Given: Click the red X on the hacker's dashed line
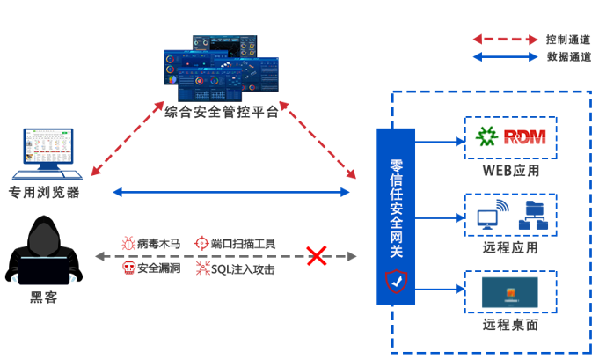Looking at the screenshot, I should point(316,256).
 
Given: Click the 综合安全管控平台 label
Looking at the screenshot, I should point(221,113).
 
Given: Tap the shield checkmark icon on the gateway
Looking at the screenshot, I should point(396,282).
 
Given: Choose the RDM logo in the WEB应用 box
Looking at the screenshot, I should point(511,136).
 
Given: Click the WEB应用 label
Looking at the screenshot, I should point(511,170).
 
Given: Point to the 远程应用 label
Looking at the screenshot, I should point(511,247).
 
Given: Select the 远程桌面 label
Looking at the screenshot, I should point(511,325).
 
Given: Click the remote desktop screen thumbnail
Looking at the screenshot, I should point(511,292).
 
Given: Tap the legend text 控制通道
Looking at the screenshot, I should point(568,40).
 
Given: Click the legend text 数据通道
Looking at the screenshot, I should point(568,57).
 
